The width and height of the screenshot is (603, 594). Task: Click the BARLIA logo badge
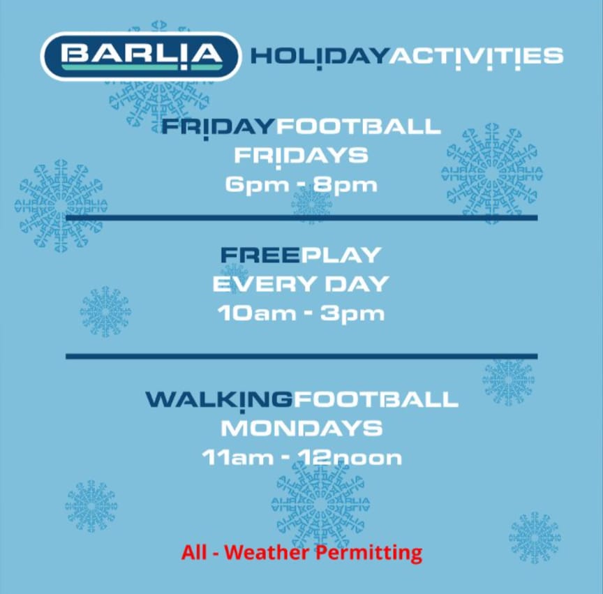tap(140, 55)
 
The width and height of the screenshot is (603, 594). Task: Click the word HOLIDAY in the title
tap(319, 56)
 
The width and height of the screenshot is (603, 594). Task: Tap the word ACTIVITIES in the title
tap(475, 56)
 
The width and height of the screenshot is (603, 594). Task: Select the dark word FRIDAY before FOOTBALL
tap(218, 127)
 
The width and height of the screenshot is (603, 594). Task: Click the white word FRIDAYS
tap(301, 155)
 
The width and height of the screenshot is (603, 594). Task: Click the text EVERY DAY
tap(301, 284)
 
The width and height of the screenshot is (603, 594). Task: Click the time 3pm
tap(352, 313)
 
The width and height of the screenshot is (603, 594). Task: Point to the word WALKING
tap(218, 399)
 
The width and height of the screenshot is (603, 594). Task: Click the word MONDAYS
tap(301, 428)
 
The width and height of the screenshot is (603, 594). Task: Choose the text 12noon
tap(350, 458)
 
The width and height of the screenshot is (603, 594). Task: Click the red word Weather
tap(268, 553)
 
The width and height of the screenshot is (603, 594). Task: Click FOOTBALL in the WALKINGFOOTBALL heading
tap(375, 399)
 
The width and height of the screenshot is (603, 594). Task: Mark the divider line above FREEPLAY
tap(301, 218)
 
